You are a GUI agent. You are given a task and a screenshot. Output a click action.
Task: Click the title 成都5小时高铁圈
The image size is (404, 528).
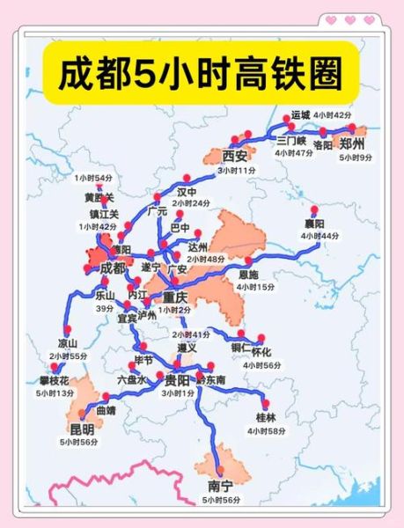coord(202,74)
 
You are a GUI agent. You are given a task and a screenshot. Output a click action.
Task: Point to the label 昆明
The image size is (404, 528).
coord(83,428)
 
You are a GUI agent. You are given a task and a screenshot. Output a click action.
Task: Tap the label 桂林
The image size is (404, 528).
coord(266,416)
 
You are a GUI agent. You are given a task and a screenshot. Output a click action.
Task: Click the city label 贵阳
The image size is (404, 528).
coord(177,380)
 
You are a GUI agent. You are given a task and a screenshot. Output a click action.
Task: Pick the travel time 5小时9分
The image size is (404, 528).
coord(356,158)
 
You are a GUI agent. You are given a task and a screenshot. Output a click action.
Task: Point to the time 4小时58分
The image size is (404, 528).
coord(268,430)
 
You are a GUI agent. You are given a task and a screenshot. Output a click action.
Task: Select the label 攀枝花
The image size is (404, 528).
coord(55,380)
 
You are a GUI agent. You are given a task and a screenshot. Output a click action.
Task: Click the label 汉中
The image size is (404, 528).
coord(187,191)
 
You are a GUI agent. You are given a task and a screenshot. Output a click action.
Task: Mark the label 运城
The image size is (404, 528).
coord(301,115)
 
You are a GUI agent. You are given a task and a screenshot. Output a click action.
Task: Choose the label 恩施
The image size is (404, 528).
coord(250,274)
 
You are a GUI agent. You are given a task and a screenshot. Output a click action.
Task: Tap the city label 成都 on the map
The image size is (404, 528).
coord(114,268)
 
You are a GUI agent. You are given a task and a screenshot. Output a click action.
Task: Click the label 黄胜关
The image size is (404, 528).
coord(99,199)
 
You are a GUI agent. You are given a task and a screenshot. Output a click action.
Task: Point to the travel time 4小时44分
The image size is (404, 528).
coord(319,237)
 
